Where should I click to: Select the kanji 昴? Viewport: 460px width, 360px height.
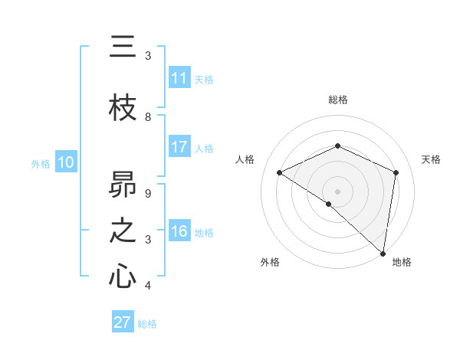[123, 185]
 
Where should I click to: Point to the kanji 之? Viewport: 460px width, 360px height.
[123, 231]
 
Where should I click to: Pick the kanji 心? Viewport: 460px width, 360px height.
[123, 277]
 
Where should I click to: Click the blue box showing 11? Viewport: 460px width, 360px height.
[179, 78]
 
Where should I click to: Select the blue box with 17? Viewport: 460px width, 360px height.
[179, 147]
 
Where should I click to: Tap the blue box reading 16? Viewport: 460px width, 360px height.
[179, 231]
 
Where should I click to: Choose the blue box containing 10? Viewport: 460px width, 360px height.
[66, 162]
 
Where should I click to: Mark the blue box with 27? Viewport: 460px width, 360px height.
[123, 322]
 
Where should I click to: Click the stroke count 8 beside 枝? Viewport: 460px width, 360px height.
[148, 117]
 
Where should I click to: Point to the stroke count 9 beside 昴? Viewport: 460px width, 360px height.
[148, 194]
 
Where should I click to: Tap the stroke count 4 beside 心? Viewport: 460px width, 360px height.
[148, 286]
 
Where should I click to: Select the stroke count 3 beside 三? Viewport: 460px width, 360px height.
[148, 56]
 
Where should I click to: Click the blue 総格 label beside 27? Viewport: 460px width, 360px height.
[147, 324]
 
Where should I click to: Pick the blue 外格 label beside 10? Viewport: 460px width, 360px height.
[41, 163]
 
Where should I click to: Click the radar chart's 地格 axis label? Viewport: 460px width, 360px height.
[402, 262]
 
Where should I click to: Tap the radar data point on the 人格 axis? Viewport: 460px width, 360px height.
[280, 173]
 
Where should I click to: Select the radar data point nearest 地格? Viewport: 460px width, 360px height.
[383, 252]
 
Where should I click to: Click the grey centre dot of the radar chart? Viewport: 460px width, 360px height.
[337, 191]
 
